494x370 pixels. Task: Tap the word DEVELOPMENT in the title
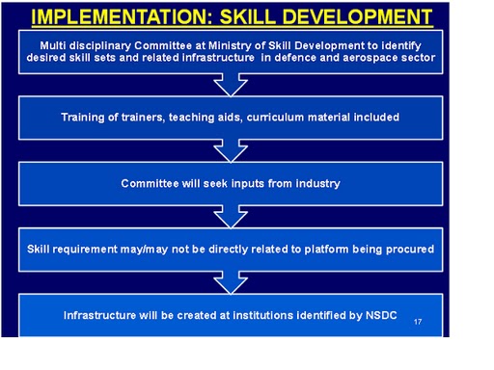360,16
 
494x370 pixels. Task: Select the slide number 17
417,321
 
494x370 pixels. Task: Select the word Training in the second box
83,118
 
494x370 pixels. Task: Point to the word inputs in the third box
242,183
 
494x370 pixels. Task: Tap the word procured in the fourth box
408,249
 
